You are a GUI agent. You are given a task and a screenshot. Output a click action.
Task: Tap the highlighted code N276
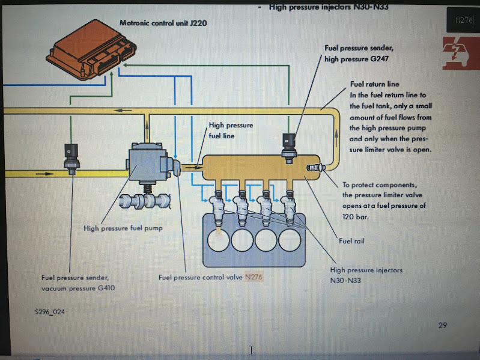click(254, 277)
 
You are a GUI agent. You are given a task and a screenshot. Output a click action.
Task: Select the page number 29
click(443, 325)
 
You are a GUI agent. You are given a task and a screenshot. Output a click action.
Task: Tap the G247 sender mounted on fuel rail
click(290, 143)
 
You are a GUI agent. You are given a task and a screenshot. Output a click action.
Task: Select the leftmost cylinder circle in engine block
click(219, 240)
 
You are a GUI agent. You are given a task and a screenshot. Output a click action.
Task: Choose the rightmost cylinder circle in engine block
click(289, 240)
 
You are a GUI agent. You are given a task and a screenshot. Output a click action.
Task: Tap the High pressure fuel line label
click(231, 130)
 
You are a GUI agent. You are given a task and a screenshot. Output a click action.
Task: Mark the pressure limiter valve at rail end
click(315, 167)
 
